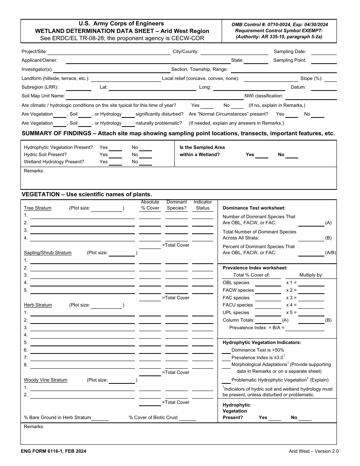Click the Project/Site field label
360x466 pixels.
coord(34,52)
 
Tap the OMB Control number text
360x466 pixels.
coord(280,24)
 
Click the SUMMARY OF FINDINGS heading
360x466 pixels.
coord(178,133)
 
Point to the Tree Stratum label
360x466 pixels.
coord(38,208)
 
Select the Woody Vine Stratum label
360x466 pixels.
coord(45,380)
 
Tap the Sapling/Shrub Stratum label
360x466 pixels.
coord(48,253)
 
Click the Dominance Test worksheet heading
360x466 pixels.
coord(254,208)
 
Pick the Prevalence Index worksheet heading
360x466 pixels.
coord(255,268)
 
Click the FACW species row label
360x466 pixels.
coord(238,290)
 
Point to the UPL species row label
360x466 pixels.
coord(236,313)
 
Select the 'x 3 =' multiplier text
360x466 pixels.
coord(291,298)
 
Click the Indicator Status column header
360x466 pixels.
coord(203,205)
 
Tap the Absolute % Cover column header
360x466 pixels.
coord(150,205)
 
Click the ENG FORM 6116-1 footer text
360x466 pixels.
coord(53,451)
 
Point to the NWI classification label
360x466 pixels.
coord(264,96)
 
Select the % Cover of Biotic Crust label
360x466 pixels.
coord(153,418)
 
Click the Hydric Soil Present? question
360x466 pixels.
coord(45,155)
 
